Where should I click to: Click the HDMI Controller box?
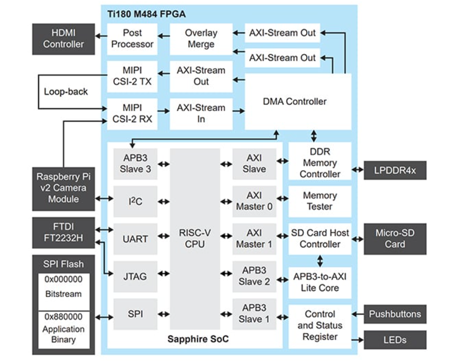pyautogui.click(x=63, y=39)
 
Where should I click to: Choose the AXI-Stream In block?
pyautogui.click(x=201, y=113)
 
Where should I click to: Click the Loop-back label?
pyautogui.click(x=66, y=92)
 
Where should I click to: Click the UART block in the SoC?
pyautogui.click(x=135, y=239)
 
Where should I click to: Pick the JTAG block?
pyautogui.click(x=135, y=276)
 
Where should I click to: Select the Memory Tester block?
pyautogui.click(x=319, y=201)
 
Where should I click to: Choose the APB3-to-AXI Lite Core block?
pyautogui.click(x=319, y=282)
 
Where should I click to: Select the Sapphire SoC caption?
pyautogui.click(x=198, y=339)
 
